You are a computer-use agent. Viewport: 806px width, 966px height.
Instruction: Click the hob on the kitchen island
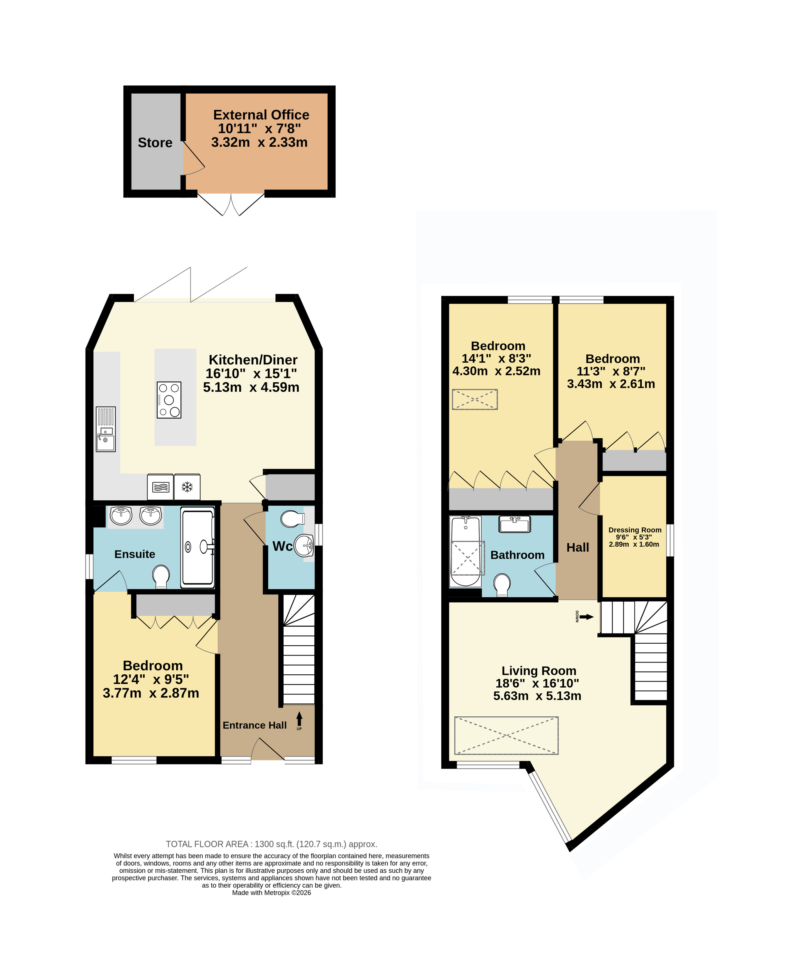[x=169, y=400]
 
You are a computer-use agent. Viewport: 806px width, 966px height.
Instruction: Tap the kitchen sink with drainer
[x=106, y=429]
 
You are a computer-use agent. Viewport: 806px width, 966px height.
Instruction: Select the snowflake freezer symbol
[x=187, y=487]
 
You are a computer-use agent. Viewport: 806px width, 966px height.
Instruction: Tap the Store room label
[x=155, y=143]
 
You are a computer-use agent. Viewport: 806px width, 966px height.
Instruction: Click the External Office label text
[x=261, y=115]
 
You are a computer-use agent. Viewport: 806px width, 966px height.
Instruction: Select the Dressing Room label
[x=635, y=530]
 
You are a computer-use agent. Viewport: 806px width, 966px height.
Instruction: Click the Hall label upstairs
[x=578, y=547]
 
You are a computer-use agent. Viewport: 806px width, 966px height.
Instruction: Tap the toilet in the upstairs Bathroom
[x=502, y=584]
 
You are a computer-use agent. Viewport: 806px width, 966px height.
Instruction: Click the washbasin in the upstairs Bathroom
[x=515, y=524]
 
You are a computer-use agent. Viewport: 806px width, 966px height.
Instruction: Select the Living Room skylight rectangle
[x=506, y=735]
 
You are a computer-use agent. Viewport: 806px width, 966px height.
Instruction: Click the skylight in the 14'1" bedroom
[x=475, y=399]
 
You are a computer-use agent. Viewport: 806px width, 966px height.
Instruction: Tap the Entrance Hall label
[x=255, y=725]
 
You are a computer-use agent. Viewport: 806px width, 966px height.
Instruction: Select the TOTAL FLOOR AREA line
[x=271, y=844]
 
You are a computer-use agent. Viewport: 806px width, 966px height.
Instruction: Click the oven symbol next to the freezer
[x=160, y=487]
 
